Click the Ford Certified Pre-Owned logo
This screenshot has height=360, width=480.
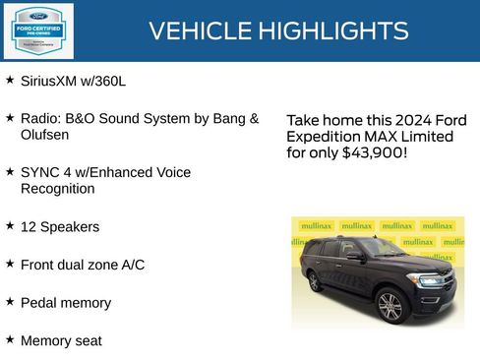tap(37, 30)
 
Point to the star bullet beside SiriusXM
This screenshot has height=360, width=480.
tap(10, 79)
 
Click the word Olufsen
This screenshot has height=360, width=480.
tap(45, 134)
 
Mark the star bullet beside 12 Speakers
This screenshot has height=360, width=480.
tap(10, 225)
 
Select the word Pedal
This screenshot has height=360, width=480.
tap(40, 303)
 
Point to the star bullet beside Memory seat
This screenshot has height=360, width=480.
tap(10, 339)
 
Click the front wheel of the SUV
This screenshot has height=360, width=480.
tap(390, 307)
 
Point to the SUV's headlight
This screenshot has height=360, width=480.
tap(430, 280)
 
